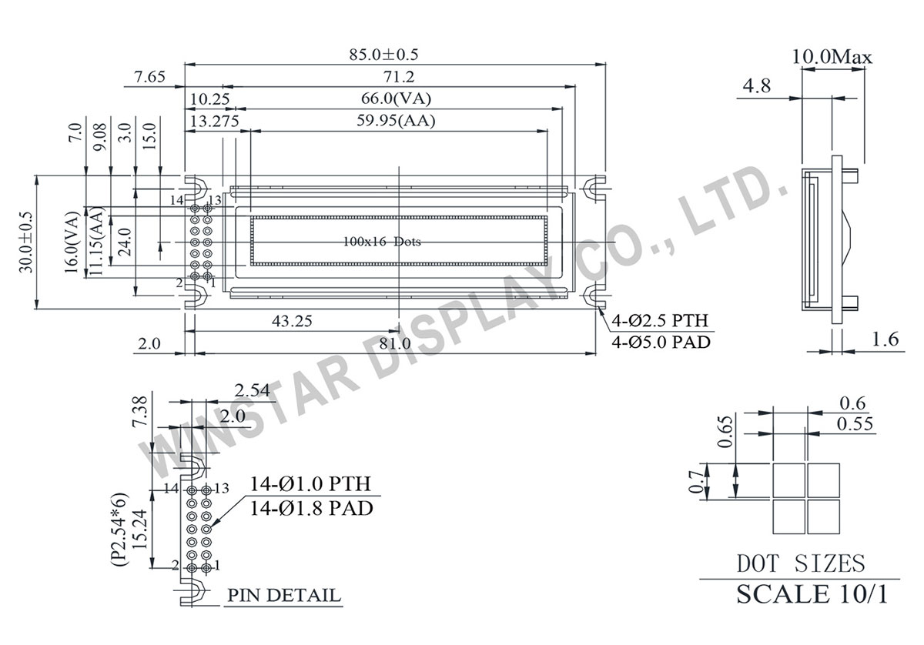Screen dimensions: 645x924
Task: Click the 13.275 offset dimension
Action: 213,121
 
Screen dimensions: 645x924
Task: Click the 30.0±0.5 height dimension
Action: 26,241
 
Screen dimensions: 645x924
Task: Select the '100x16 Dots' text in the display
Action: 383,242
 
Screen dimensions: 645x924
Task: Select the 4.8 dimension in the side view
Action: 756,86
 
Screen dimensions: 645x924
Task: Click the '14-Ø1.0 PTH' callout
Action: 310,484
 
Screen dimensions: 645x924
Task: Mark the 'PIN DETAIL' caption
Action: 284,596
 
